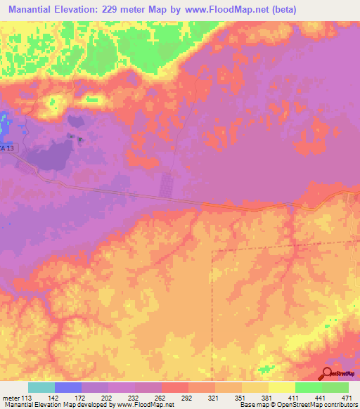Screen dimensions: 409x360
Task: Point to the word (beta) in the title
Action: coord(280,10)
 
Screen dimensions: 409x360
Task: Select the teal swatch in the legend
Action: coord(41,387)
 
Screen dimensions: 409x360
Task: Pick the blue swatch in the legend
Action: coord(68,387)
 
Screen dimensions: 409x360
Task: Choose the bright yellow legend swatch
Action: coord(282,387)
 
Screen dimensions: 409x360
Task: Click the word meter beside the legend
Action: coord(10,398)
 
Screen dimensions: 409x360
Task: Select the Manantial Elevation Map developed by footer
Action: coord(63,405)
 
